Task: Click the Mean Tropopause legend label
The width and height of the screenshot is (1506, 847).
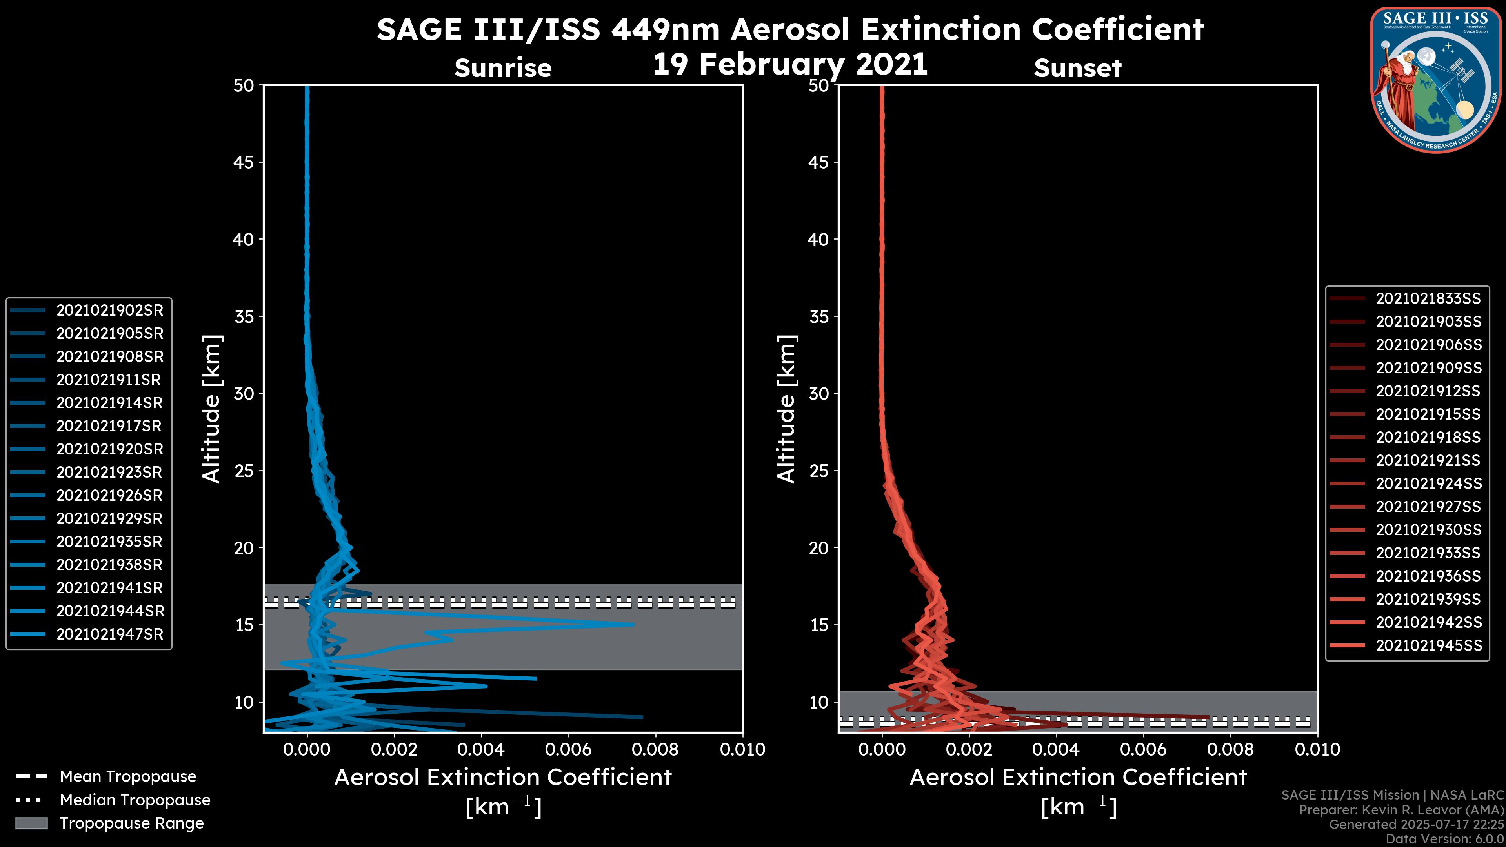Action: (x=128, y=776)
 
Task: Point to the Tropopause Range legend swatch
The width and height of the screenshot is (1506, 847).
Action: (x=31, y=823)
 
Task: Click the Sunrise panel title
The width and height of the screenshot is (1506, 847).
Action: (x=503, y=68)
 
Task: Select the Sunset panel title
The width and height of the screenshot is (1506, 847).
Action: (x=1077, y=68)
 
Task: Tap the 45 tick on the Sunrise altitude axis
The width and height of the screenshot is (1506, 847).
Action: (x=244, y=162)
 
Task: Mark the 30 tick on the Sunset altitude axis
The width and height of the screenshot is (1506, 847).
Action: (x=818, y=393)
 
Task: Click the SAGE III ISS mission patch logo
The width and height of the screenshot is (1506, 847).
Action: (x=1433, y=80)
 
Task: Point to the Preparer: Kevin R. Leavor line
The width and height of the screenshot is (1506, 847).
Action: (x=1401, y=810)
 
